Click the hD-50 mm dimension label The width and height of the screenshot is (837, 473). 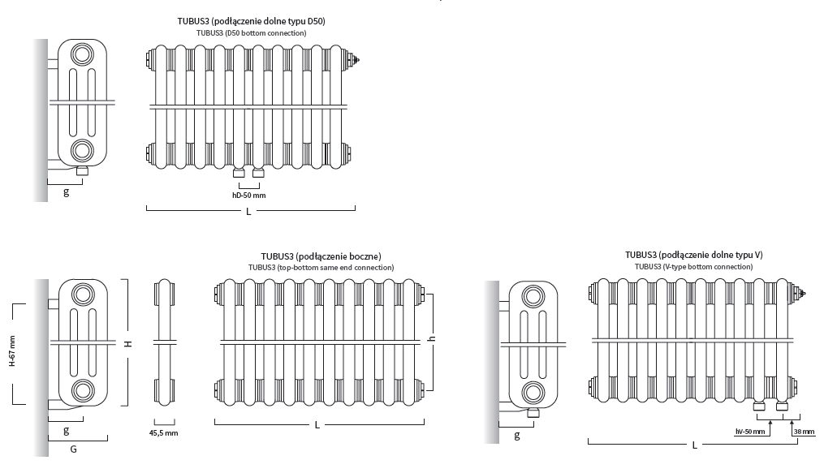click(248, 196)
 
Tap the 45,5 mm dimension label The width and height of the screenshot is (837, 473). click(163, 433)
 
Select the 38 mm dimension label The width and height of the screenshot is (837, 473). click(804, 432)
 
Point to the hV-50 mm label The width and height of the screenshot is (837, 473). click(750, 432)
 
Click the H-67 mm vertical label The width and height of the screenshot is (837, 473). click(11, 350)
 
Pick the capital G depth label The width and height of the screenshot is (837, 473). click(74, 449)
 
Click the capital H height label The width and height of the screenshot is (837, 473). click(128, 344)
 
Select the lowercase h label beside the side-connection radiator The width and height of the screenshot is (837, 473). click(432, 338)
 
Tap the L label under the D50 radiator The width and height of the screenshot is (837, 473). click(248, 212)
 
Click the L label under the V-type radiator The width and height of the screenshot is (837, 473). click(694, 445)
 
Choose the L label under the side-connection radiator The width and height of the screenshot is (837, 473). click(317, 425)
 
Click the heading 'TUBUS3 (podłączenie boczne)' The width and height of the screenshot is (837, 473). click(321, 256)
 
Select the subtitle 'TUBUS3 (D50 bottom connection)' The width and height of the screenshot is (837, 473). click(252, 33)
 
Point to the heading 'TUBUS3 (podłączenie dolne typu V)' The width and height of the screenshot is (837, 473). click(694, 255)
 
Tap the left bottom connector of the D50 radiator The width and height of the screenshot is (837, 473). click(239, 172)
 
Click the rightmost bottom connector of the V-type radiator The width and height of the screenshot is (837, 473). click(782, 406)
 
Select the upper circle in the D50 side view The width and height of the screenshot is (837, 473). click(82, 55)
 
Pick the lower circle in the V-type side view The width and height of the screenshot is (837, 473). click(533, 393)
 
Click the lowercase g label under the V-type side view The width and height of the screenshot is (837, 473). click(516, 436)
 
